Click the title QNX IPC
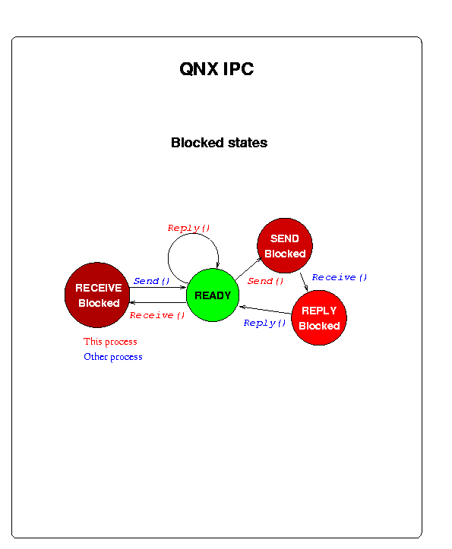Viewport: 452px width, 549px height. click(x=217, y=68)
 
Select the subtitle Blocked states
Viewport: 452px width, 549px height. click(x=219, y=143)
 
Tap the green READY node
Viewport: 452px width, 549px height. click(x=213, y=295)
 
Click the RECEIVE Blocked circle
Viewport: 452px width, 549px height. click(x=97, y=295)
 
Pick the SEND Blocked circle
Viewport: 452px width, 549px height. click(x=285, y=245)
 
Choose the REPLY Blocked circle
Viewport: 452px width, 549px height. click(x=319, y=317)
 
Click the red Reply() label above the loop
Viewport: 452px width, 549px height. click(x=188, y=228)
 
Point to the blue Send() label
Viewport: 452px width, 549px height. click(x=151, y=281)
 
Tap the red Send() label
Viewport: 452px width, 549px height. click(x=265, y=281)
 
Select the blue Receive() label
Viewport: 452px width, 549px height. click(x=339, y=277)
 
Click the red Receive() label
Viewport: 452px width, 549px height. click(x=157, y=315)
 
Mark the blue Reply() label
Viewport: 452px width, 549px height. click(x=264, y=323)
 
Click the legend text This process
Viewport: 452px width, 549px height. click(x=110, y=342)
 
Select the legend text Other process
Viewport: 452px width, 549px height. click(x=113, y=357)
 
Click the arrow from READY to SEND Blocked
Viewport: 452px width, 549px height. click(x=248, y=269)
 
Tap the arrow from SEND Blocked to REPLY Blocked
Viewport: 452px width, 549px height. click(x=304, y=282)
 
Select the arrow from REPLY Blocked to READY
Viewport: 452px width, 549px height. click(x=265, y=310)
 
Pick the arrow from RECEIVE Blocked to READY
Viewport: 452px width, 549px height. click(x=158, y=288)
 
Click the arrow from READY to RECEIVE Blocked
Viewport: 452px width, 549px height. click(x=158, y=302)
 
